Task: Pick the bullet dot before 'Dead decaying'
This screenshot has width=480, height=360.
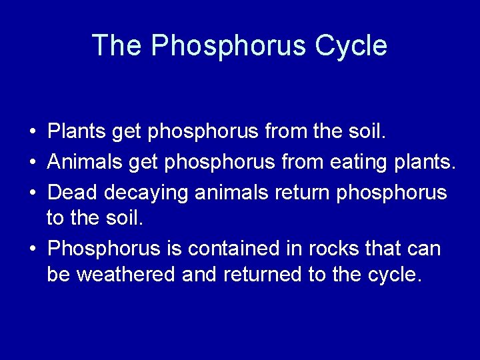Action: [x=32, y=192]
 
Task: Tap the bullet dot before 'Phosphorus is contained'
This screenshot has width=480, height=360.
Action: [x=32, y=249]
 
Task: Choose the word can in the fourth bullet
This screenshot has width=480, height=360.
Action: [x=423, y=249]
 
